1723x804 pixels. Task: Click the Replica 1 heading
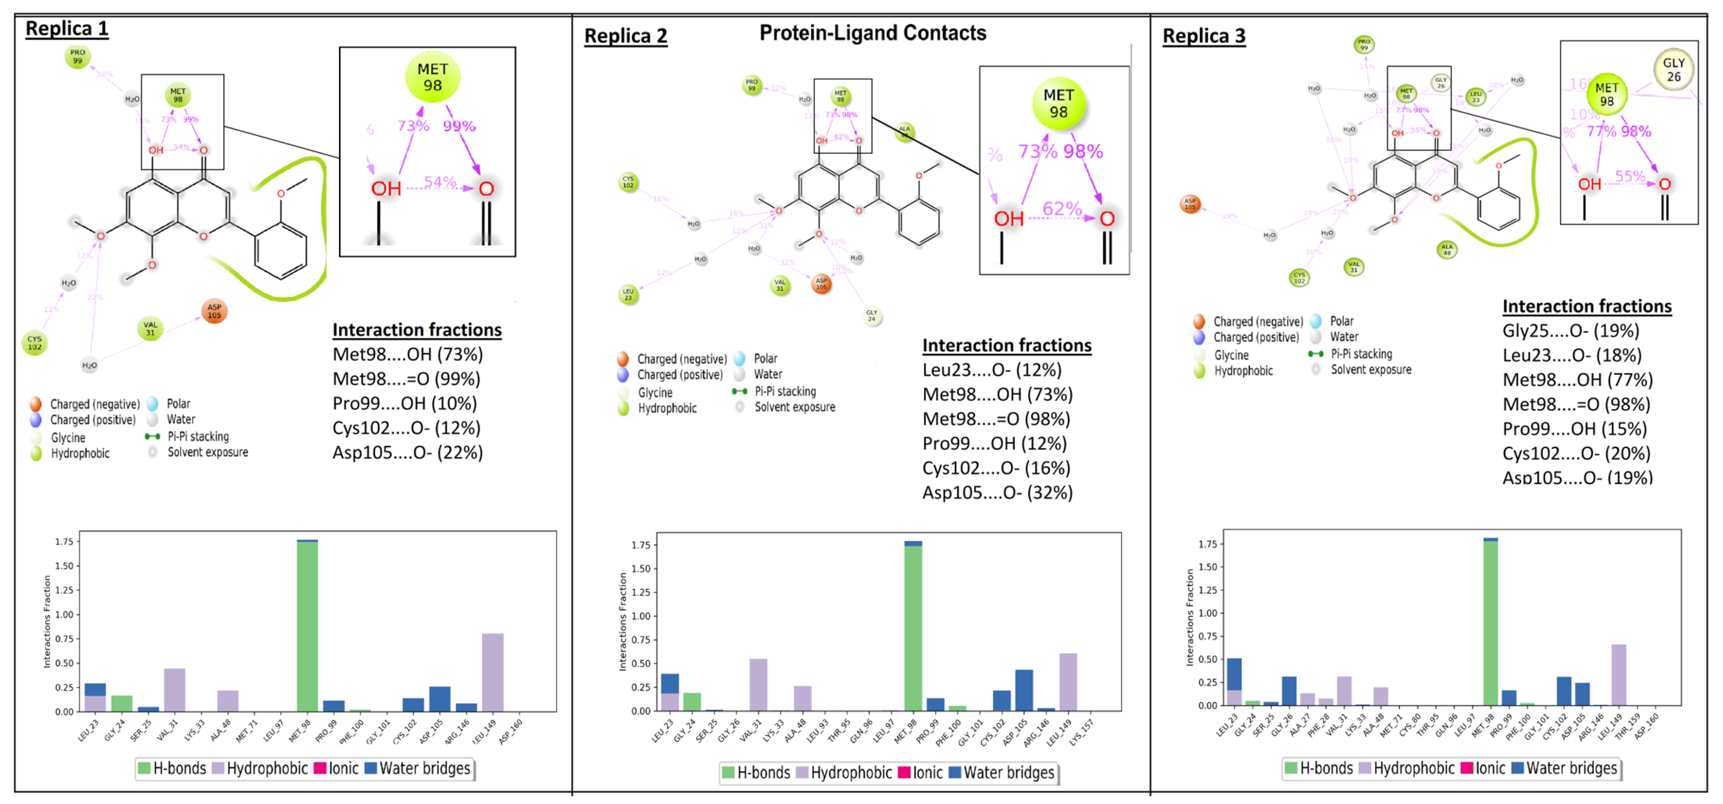(x=67, y=29)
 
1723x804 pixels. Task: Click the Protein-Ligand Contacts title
(x=872, y=33)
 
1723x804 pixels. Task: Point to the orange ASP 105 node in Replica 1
(x=214, y=311)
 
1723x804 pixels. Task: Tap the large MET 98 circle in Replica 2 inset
(x=1058, y=104)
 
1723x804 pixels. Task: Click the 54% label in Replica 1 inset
(x=439, y=182)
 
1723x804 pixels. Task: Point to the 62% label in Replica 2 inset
(x=1061, y=209)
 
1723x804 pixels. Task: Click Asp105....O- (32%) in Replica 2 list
(x=997, y=493)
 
